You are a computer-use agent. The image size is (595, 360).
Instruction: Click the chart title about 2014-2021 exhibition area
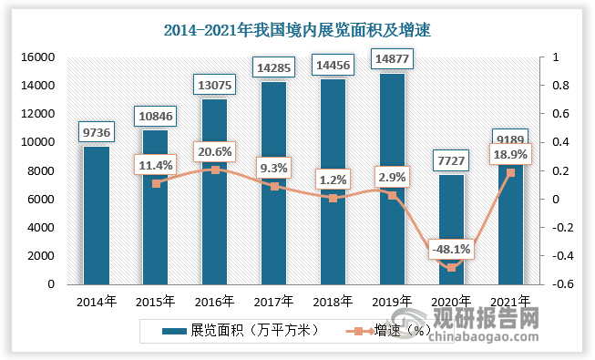pyautogui.click(x=297, y=30)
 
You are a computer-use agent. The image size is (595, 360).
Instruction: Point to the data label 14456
pyautogui.click(x=333, y=66)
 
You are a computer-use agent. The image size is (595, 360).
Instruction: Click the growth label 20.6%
pyautogui.click(x=215, y=150)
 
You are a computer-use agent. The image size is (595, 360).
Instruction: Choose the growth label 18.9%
pyautogui.click(x=509, y=155)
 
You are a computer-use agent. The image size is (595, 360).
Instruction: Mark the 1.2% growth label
pyautogui.click(x=333, y=179)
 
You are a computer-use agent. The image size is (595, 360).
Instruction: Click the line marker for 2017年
pyautogui.click(x=273, y=186)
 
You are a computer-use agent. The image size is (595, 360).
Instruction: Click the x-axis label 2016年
pyautogui.click(x=215, y=301)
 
